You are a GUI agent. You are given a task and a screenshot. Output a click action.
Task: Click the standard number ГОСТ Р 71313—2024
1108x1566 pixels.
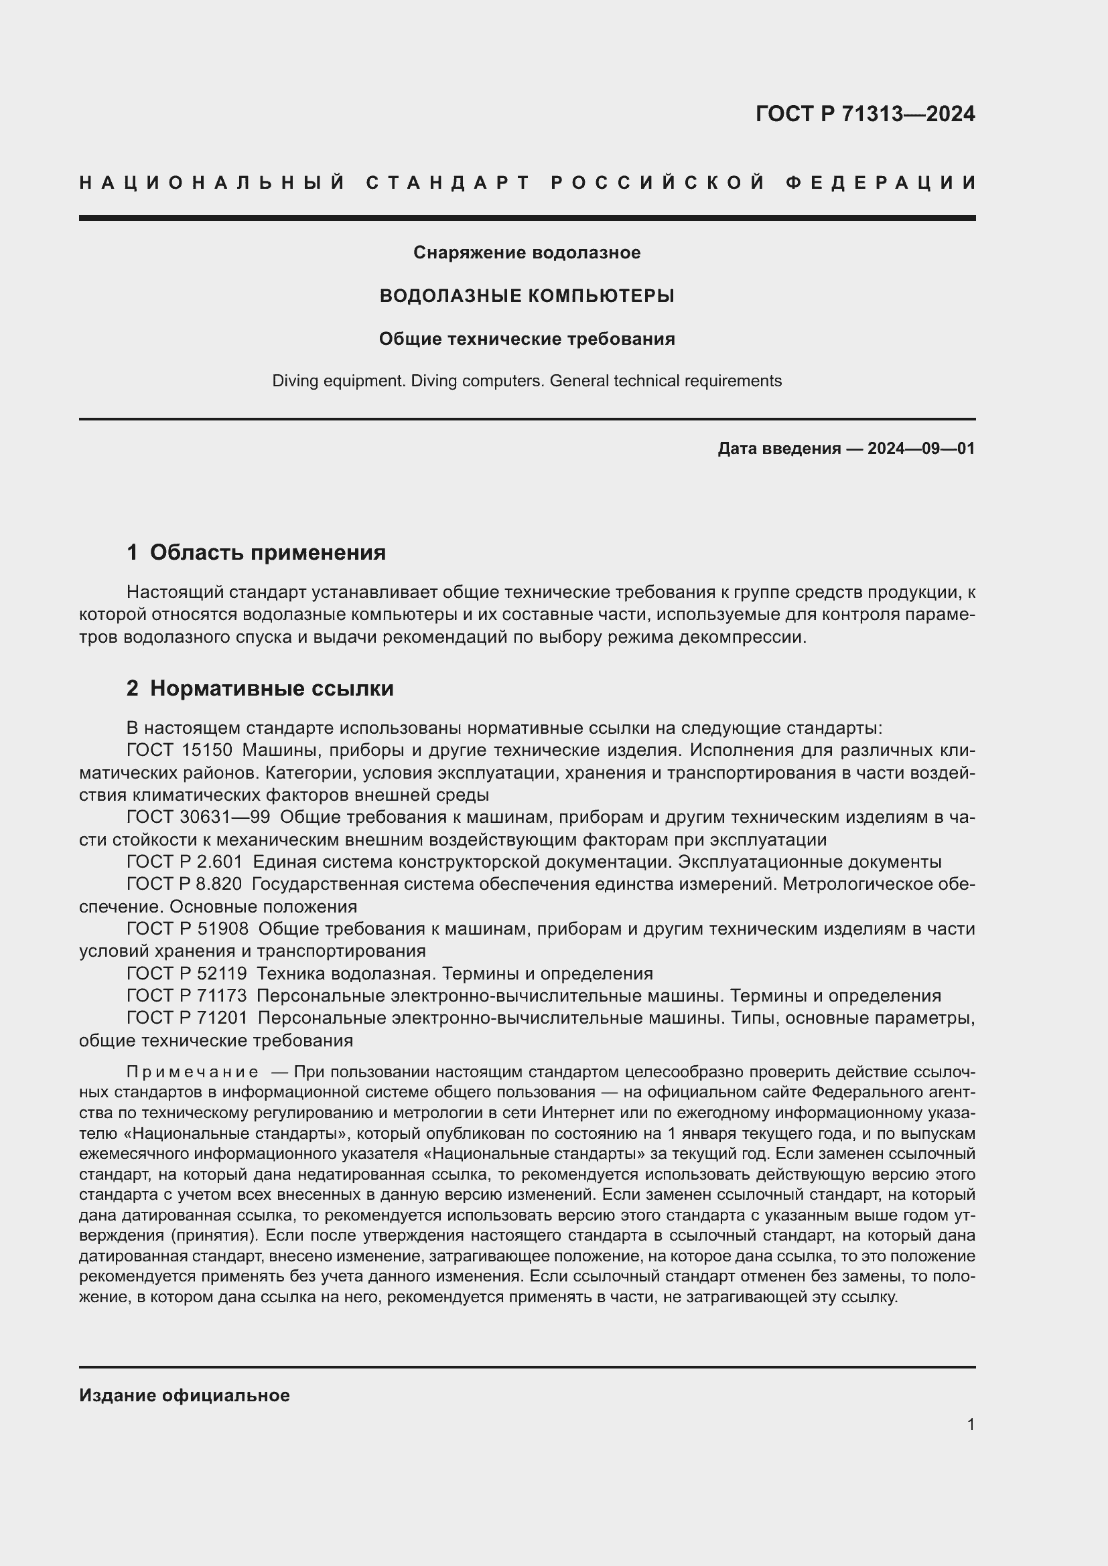pos(864,114)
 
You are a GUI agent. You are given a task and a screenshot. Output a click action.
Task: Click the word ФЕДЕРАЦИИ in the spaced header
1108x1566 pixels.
pos(880,183)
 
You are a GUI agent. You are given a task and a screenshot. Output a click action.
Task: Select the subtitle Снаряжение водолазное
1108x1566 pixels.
pos(527,253)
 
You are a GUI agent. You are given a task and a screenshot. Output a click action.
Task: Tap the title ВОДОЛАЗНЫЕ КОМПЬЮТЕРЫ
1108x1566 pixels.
pos(527,296)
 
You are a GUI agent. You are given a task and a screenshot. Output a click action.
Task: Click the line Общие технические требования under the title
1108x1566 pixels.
pos(527,339)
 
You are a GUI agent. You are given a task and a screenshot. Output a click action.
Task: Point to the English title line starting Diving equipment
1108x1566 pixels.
pos(527,381)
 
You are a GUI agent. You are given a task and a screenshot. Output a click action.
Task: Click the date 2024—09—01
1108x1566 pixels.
pos(921,449)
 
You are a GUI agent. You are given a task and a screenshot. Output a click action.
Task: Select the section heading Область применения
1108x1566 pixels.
pos(267,552)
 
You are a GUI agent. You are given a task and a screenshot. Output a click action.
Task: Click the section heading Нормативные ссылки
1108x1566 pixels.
pos(271,689)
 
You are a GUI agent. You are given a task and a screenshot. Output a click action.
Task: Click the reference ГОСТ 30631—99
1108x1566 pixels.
pos(198,817)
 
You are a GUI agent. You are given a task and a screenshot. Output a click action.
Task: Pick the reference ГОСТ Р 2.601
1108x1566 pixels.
pos(184,862)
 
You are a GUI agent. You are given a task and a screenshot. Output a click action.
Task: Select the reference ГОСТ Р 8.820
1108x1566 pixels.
pos(184,884)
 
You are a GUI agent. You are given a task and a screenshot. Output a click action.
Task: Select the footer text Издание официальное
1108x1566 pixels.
pos(184,1395)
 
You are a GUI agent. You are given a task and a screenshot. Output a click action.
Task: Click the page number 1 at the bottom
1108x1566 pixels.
pos(970,1425)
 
